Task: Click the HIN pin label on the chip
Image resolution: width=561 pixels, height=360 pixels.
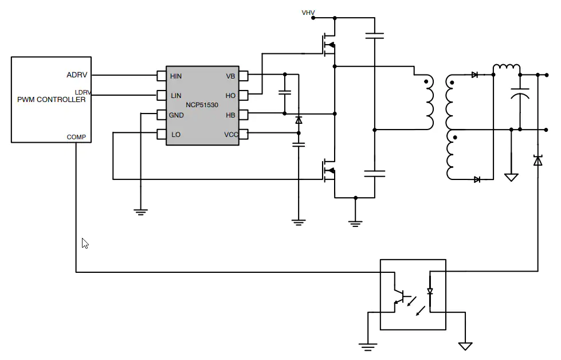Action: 176,76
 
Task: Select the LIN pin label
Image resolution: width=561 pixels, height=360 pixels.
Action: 176,96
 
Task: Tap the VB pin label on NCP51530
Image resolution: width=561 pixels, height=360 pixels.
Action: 230,76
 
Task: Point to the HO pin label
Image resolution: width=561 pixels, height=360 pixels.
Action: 230,96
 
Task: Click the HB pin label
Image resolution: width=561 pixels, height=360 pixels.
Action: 230,115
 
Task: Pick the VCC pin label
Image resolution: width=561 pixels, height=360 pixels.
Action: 231,135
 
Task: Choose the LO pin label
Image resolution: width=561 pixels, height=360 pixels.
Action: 176,135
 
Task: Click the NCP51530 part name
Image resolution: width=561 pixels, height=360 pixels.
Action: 202,105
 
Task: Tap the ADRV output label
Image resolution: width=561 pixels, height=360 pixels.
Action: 77,75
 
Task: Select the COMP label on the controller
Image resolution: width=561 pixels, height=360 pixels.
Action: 76,137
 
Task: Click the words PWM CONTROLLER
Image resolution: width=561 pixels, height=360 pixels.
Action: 52,100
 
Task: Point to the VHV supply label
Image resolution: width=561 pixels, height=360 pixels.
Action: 308,13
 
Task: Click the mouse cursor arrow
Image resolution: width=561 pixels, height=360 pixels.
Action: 85,243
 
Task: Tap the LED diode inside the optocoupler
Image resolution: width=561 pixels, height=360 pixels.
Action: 430,292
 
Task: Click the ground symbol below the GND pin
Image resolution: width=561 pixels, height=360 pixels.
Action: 140,212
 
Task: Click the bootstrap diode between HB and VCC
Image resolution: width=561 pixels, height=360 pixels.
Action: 299,120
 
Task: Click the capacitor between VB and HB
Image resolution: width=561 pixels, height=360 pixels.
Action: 285,92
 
